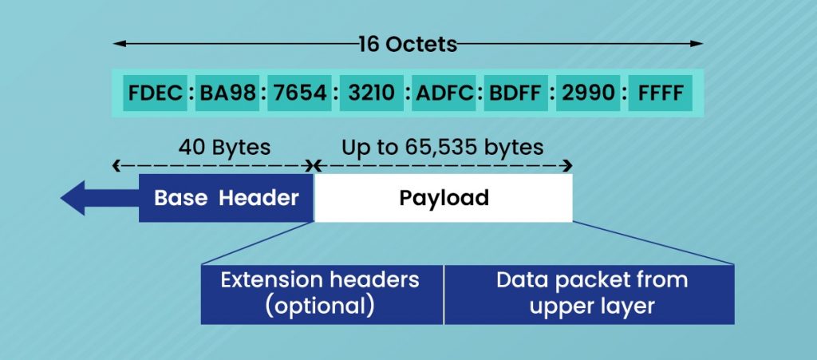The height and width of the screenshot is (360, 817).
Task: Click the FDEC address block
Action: [x=155, y=93]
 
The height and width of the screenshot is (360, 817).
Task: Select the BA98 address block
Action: [x=228, y=93]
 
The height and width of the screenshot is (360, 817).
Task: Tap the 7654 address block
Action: [x=299, y=93]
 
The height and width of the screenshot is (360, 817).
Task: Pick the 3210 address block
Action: [x=371, y=93]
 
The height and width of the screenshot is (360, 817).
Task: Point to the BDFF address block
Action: [x=515, y=93]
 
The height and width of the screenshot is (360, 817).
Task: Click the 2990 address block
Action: [x=588, y=93]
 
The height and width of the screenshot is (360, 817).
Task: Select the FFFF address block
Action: [x=661, y=93]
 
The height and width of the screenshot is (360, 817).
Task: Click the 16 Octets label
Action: [x=408, y=44]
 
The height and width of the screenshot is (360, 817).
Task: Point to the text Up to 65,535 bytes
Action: [x=442, y=148]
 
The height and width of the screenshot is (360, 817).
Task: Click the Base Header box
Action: [x=227, y=198]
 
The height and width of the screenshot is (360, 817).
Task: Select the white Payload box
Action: [x=444, y=198]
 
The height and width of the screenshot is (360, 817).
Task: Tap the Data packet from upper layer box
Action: [x=589, y=294]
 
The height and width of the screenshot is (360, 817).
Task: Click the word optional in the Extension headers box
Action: [x=322, y=306]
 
